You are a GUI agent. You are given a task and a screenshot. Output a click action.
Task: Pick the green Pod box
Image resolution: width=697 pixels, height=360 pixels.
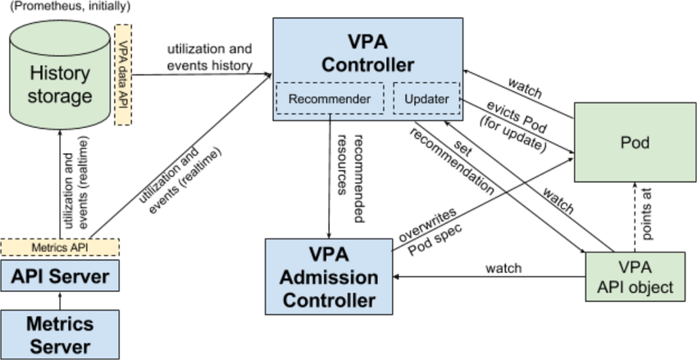point(635,142)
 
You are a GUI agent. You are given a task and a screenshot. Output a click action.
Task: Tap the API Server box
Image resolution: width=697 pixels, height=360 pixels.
point(59,276)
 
